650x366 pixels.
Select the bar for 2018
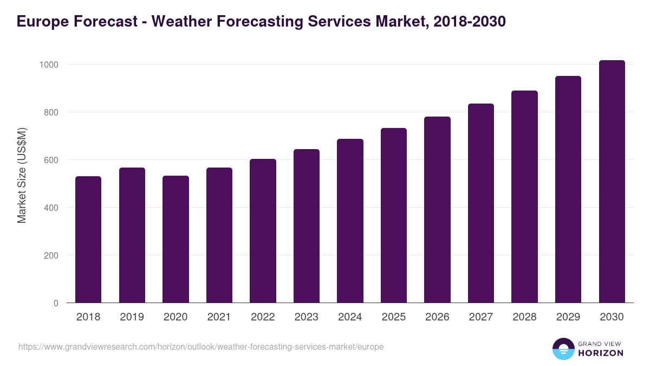pyautogui.click(x=88, y=239)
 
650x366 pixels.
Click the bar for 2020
pyautogui.click(x=175, y=239)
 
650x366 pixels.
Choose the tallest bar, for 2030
pyautogui.click(x=612, y=181)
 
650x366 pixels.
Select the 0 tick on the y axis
pyautogui.click(x=55, y=303)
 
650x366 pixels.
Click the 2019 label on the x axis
pyautogui.click(x=132, y=317)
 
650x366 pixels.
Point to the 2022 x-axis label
pyautogui.click(x=263, y=317)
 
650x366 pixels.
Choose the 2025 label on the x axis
pyautogui.click(x=393, y=317)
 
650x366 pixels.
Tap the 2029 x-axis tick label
pyautogui.click(x=568, y=317)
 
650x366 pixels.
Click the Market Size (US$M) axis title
pyautogui.click(x=22, y=175)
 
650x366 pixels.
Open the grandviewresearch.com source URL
pyautogui.click(x=201, y=346)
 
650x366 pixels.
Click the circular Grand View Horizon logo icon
pyautogui.click(x=563, y=349)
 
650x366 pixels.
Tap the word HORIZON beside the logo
pyautogui.click(x=601, y=353)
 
